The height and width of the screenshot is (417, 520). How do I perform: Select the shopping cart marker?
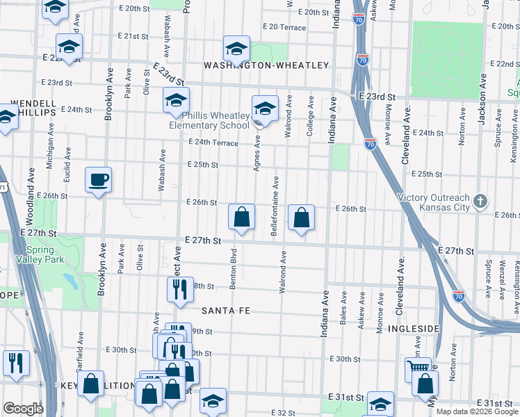pyautogui.click(x=418, y=368)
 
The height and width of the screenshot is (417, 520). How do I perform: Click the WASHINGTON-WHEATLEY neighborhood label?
pyautogui.click(x=266, y=65)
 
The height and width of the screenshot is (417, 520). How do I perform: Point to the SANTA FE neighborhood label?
pyautogui.click(x=225, y=310)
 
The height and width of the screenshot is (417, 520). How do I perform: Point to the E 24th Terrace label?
pyautogui.click(x=213, y=143)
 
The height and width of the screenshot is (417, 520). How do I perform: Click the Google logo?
pyautogui.click(x=24, y=409)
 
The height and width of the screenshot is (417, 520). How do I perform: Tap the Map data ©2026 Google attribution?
pyautogui.click(x=476, y=411)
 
